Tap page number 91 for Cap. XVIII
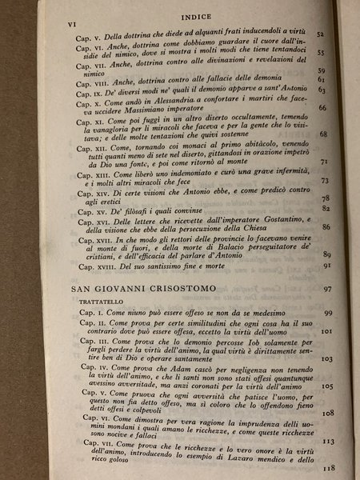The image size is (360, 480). point(326,265)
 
